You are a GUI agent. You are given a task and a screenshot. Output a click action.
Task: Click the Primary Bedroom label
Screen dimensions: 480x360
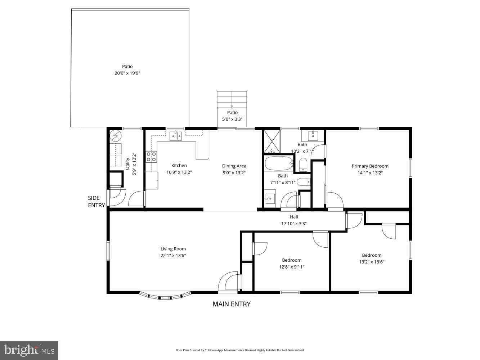(x=370, y=166)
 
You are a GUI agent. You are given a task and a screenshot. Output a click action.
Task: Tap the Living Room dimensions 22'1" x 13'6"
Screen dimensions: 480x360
(x=173, y=255)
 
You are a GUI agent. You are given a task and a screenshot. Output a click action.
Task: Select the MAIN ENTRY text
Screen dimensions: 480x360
(x=232, y=304)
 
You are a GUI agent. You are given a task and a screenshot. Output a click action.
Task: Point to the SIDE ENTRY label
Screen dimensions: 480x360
(x=97, y=202)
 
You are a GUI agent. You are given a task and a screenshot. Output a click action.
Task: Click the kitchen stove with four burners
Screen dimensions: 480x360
(x=151, y=157)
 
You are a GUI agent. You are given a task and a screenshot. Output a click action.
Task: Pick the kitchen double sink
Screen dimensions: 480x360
(x=176, y=136)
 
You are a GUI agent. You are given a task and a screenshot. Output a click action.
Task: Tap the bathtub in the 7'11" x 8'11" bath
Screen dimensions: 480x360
(x=279, y=163)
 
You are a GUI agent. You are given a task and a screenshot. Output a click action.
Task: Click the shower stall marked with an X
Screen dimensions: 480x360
(x=272, y=141)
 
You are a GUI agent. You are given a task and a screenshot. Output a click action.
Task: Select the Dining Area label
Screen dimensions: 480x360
(x=234, y=166)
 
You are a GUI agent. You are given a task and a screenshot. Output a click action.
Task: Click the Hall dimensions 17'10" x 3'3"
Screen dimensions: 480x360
(x=294, y=224)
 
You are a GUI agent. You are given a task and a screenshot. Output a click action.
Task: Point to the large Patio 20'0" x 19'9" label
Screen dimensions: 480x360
(x=127, y=70)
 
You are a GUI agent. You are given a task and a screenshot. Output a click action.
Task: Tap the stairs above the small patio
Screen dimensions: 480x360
(x=232, y=99)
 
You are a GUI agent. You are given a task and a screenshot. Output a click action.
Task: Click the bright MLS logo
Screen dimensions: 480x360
(x=29, y=350)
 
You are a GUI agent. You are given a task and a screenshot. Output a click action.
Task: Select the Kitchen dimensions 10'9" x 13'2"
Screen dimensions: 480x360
(x=179, y=172)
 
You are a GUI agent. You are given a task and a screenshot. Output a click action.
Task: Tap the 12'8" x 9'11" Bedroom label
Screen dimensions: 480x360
(x=292, y=264)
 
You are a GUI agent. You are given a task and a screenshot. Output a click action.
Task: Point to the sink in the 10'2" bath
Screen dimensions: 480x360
(x=313, y=136)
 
